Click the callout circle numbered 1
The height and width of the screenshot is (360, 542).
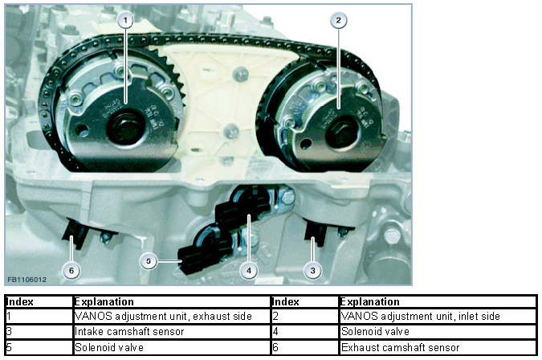coord(125,20)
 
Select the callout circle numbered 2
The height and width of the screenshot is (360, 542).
coord(338,20)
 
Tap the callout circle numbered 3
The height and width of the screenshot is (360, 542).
coord(312,271)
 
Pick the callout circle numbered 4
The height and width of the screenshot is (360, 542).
coord(249,271)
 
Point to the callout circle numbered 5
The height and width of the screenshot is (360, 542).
coord(149,260)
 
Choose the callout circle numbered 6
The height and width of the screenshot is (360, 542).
coord(71,271)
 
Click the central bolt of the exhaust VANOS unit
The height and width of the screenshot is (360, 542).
coord(125,127)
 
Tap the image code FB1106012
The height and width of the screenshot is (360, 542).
coord(26,280)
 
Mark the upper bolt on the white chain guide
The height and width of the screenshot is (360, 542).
coord(240,74)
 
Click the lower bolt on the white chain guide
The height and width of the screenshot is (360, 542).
coord(230,132)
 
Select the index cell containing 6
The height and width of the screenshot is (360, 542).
coord(305,347)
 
